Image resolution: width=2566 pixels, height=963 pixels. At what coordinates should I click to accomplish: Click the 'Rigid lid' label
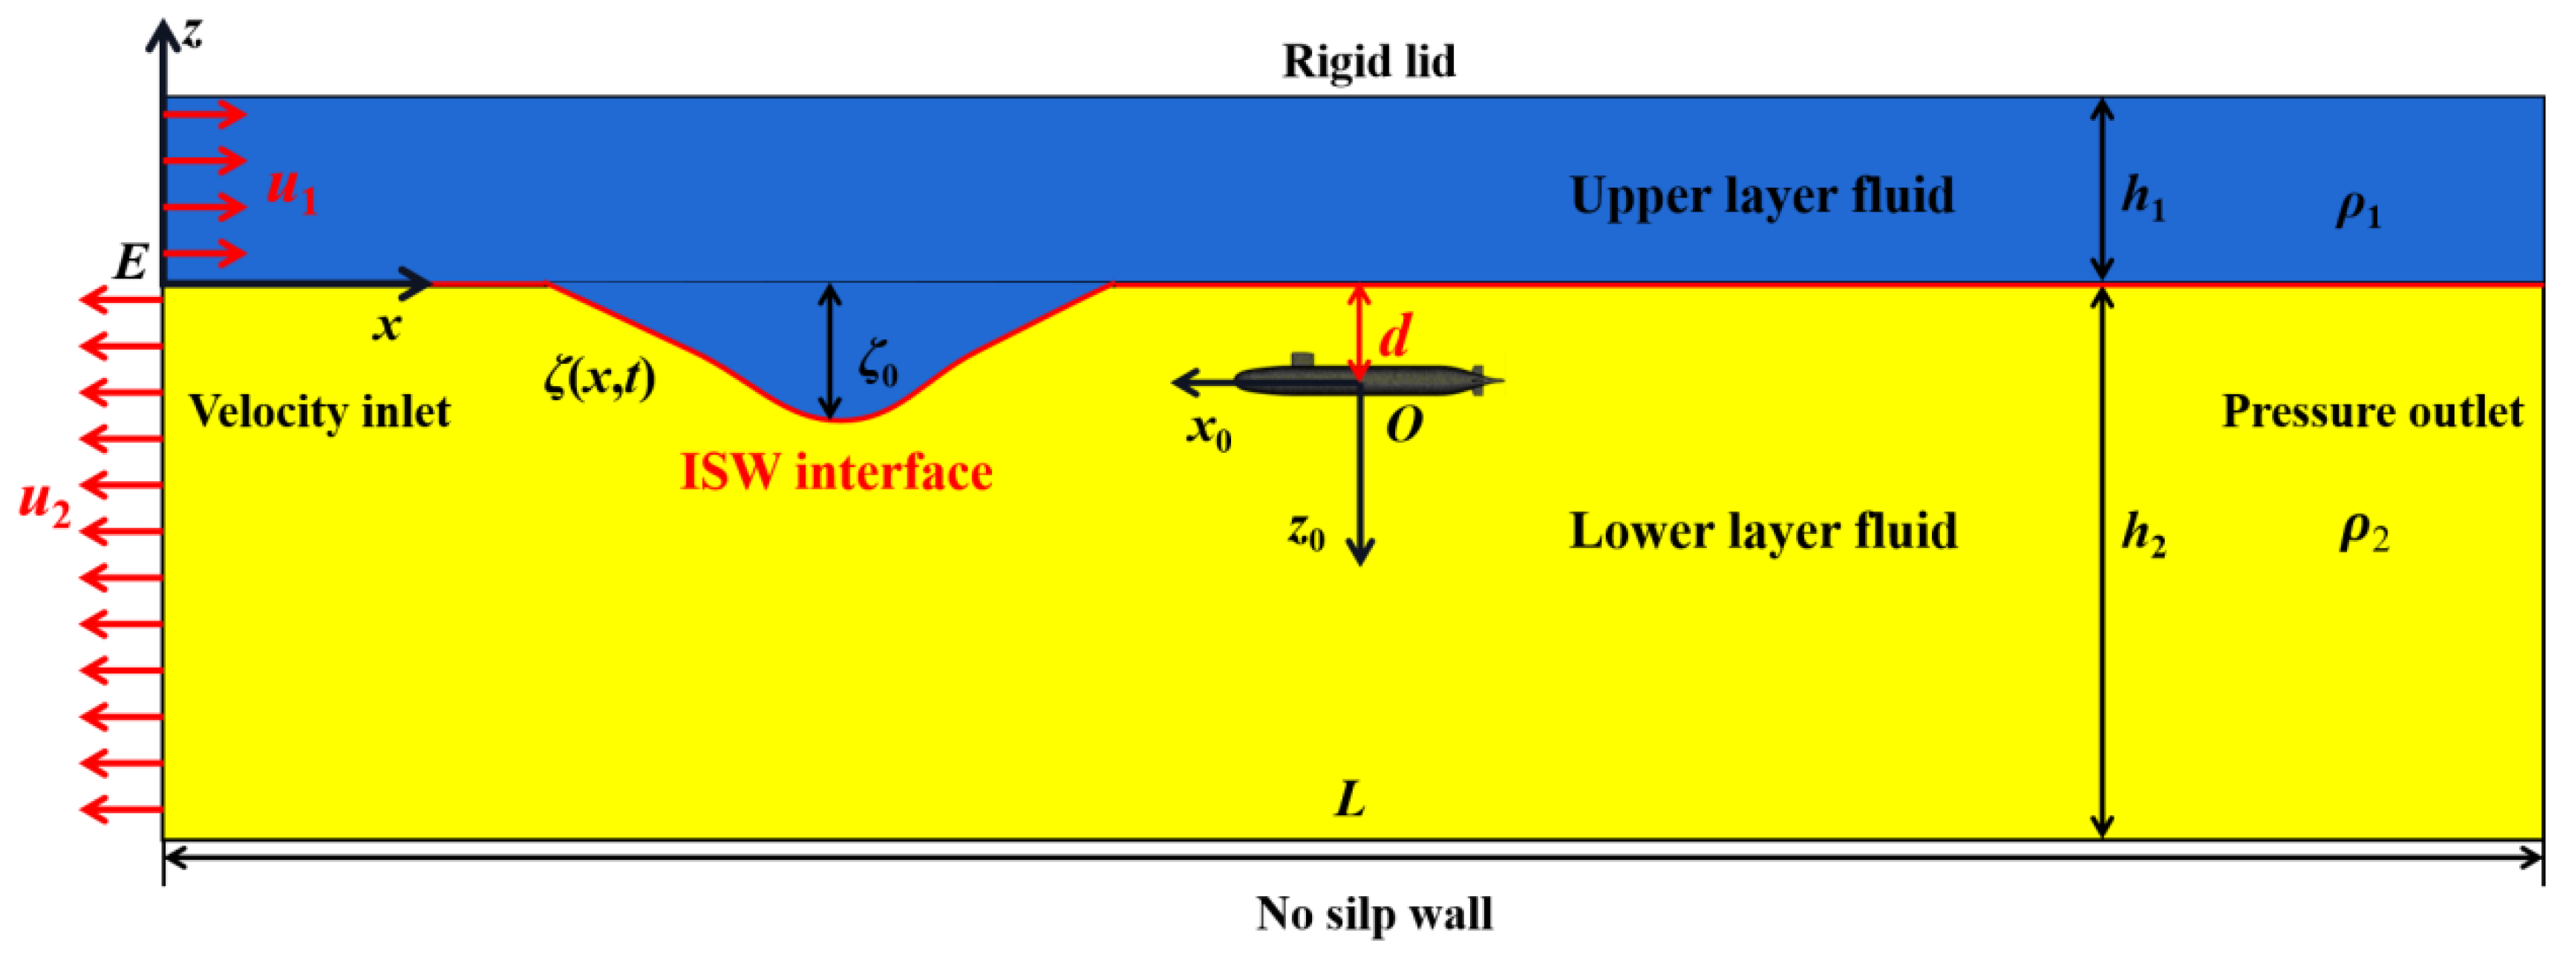(1368, 62)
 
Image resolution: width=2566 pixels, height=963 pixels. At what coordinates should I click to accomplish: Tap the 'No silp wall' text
(1374, 913)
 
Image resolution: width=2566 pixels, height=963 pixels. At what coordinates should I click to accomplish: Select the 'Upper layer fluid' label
(1761, 195)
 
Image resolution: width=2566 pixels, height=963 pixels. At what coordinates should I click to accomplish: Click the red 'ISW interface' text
(836, 472)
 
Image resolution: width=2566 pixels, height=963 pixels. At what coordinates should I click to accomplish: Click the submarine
(1365, 379)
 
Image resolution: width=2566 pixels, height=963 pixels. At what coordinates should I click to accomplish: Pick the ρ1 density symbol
(2358, 211)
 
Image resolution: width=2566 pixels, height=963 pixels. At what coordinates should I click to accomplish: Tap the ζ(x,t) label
(601, 379)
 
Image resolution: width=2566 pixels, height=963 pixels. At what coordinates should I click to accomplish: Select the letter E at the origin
(131, 263)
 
